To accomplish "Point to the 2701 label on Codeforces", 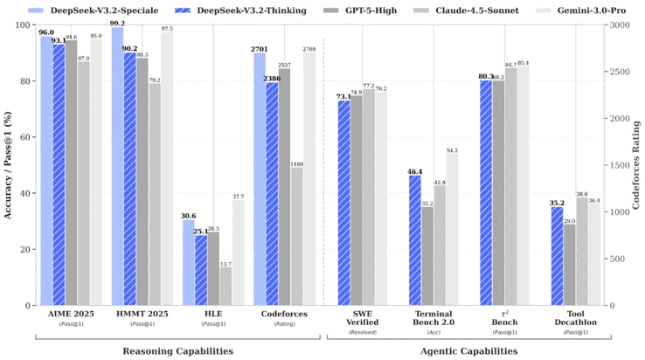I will [x=260, y=49].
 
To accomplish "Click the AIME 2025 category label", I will [x=69, y=314].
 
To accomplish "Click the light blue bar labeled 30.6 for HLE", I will [x=189, y=262].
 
